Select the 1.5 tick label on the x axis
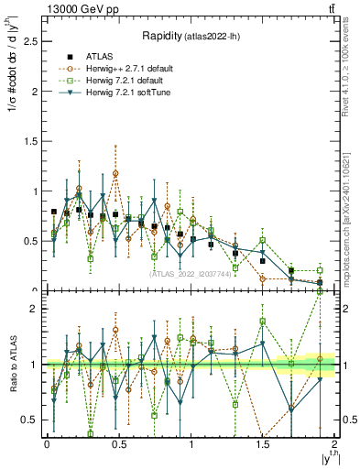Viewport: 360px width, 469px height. click(x=263, y=444)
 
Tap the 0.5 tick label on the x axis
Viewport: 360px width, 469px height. click(x=118, y=444)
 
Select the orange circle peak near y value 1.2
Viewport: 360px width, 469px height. click(x=115, y=172)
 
